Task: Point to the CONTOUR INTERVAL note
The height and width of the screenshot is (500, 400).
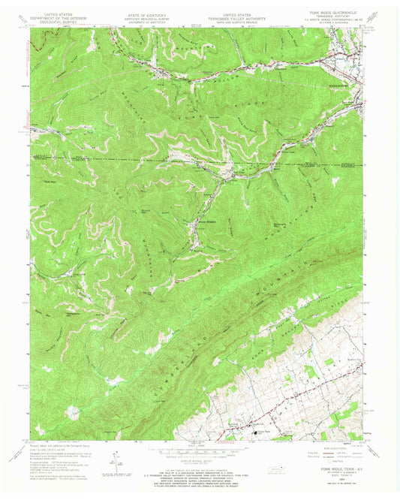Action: [200, 465]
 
